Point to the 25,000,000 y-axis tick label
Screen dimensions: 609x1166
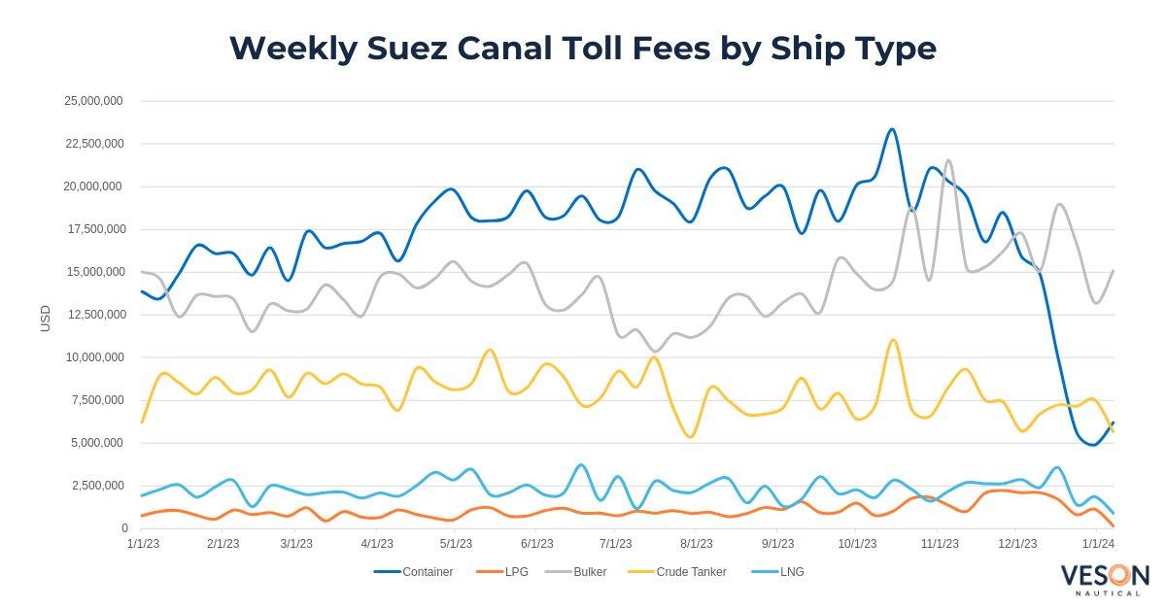93,101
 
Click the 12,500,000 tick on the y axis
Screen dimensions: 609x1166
93,315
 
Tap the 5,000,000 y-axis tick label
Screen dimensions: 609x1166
97,443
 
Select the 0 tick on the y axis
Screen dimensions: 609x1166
124,528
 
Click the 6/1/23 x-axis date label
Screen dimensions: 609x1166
537,544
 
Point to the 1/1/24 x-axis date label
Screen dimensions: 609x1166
1098,544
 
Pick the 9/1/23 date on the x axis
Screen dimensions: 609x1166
777,544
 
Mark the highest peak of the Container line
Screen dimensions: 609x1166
891,129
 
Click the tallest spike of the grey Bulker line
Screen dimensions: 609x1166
947,160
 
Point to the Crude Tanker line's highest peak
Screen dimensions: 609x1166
892,340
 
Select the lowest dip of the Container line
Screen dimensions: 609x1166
1092,445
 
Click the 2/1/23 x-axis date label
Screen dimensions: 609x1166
223,544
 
